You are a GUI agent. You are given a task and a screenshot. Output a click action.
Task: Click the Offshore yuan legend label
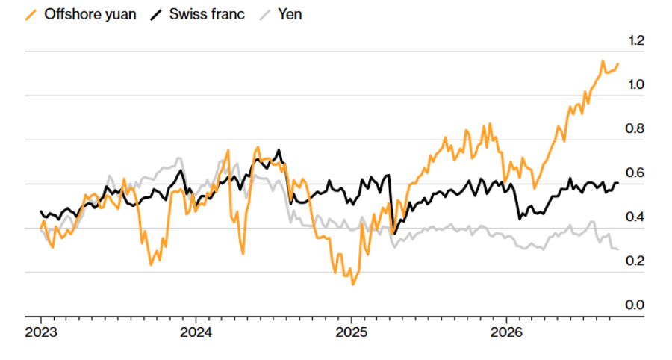90,15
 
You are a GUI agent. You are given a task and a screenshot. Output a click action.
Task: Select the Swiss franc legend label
207,15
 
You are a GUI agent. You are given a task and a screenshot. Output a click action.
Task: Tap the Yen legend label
290,15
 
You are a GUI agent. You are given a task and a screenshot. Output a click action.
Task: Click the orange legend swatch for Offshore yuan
31,15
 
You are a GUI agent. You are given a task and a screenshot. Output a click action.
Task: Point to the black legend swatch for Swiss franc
156,15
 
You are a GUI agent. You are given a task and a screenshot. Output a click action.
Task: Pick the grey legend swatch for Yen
265,15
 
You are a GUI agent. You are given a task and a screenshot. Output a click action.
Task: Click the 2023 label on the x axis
41,332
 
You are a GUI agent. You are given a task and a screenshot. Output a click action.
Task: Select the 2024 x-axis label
196,332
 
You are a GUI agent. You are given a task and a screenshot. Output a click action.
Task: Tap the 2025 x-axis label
352,332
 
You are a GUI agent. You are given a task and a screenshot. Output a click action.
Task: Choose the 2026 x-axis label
506,332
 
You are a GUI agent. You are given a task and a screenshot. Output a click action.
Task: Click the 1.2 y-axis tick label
636,41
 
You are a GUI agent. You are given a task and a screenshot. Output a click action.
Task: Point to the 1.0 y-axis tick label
636,84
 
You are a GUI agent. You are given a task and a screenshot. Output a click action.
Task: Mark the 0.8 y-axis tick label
635,128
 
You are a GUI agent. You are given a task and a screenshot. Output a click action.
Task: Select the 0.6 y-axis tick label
635,173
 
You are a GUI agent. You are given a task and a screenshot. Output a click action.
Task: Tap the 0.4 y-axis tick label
635,217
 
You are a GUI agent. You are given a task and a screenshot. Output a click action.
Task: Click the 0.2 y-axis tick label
635,261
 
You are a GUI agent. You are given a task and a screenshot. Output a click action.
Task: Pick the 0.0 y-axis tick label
635,305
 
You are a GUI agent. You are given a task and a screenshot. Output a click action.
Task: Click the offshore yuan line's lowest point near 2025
353,284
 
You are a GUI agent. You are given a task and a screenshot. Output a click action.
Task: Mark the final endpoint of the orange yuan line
618,63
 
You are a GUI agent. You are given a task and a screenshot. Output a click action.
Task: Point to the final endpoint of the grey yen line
617,249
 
